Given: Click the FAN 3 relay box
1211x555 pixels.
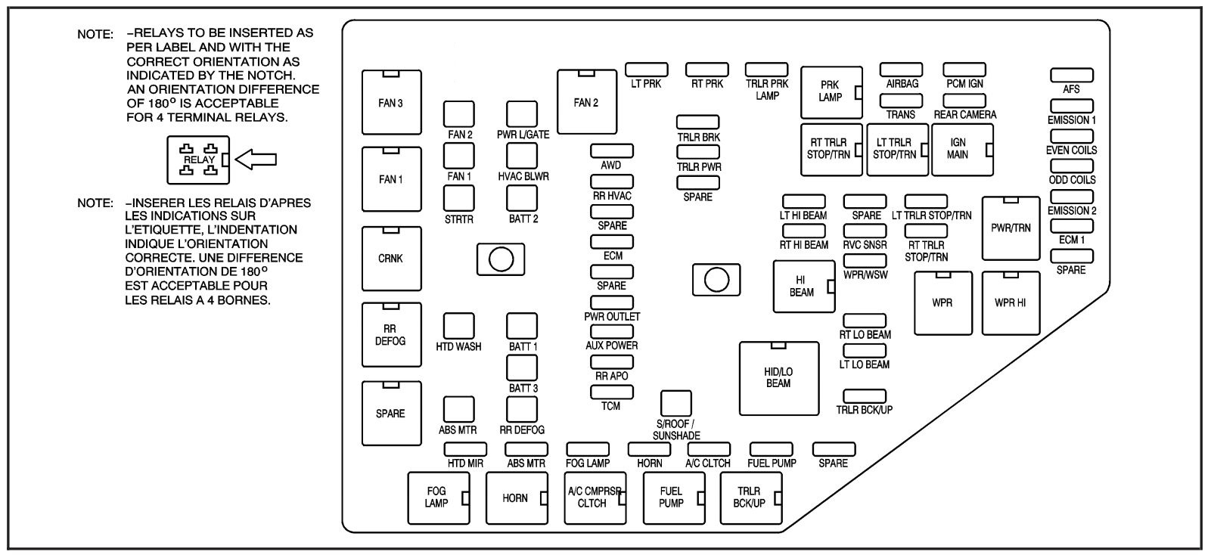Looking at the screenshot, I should point(391,102).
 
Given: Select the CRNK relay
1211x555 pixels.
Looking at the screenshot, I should point(391,258).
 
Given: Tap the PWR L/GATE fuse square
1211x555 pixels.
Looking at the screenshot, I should point(522,114).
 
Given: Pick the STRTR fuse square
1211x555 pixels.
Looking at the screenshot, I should point(459,197).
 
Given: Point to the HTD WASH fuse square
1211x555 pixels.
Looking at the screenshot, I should point(458,325).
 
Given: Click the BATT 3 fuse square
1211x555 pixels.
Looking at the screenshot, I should point(522,367).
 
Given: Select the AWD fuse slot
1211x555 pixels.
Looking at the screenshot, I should point(612,151).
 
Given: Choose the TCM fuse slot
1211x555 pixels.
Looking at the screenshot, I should point(612,392).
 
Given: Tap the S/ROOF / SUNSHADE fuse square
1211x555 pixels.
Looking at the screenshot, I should point(675,403).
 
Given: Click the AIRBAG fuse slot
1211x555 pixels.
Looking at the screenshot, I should point(901,70).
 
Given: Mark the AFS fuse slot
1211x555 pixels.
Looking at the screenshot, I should point(1071,75).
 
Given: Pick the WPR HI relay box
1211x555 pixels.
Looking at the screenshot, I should point(1011,302).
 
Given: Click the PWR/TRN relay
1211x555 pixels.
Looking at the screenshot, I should point(1011,228).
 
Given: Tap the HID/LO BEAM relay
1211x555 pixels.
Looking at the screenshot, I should point(778,378).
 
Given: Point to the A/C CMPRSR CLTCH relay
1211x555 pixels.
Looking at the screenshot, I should point(595,498).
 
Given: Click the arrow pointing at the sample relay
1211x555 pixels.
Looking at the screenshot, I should point(256,160).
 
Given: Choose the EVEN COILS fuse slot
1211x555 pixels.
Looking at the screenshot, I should point(1071,136).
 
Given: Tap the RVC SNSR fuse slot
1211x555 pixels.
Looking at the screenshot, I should point(865,231).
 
